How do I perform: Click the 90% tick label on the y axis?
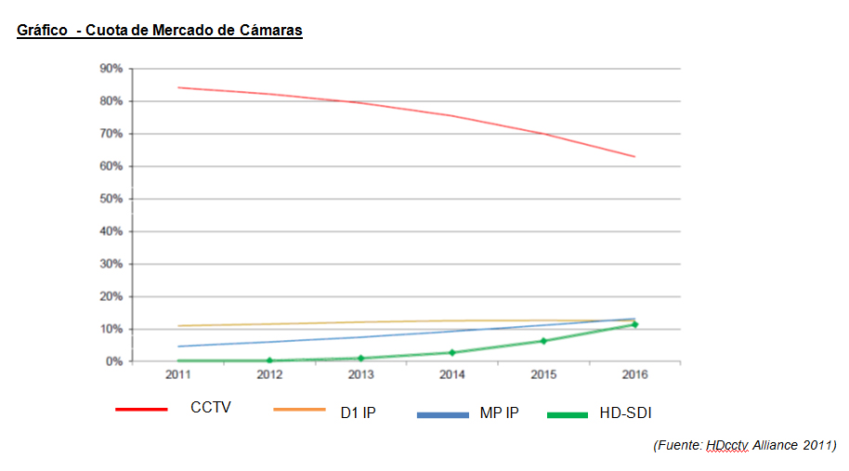point(111,69)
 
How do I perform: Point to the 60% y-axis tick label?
point(111,166)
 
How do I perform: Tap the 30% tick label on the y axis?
point(111,264)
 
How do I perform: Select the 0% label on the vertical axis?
point(113,361)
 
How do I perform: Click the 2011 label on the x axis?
point(178,375)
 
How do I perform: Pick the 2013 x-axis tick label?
point(360,375)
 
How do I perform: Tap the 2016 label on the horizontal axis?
point(634,375)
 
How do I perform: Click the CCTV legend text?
point(210,408)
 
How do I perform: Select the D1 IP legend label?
point(358,412)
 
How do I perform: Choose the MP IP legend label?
point(499,412)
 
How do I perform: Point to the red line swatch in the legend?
point(141,409)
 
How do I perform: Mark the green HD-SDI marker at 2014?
point(452,353)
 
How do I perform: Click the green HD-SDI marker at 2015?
point(543,341)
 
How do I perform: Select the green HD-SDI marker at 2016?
point(634,324)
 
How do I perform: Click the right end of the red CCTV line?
point(634,156)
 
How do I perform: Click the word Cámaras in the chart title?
point(270,31)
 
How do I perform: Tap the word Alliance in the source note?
point(776,445)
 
